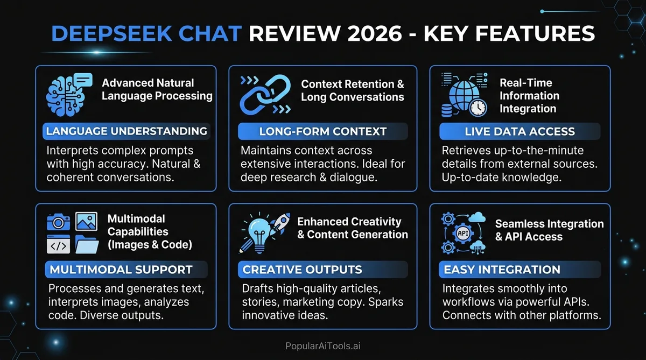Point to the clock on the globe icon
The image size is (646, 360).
478,108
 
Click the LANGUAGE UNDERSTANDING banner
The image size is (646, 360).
127,131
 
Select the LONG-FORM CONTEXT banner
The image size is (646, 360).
322,131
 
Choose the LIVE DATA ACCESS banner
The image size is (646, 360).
519,131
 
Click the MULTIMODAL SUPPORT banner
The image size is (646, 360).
121,270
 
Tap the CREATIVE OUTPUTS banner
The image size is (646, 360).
303,270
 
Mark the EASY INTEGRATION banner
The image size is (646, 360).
502,270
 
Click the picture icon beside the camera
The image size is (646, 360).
86,221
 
